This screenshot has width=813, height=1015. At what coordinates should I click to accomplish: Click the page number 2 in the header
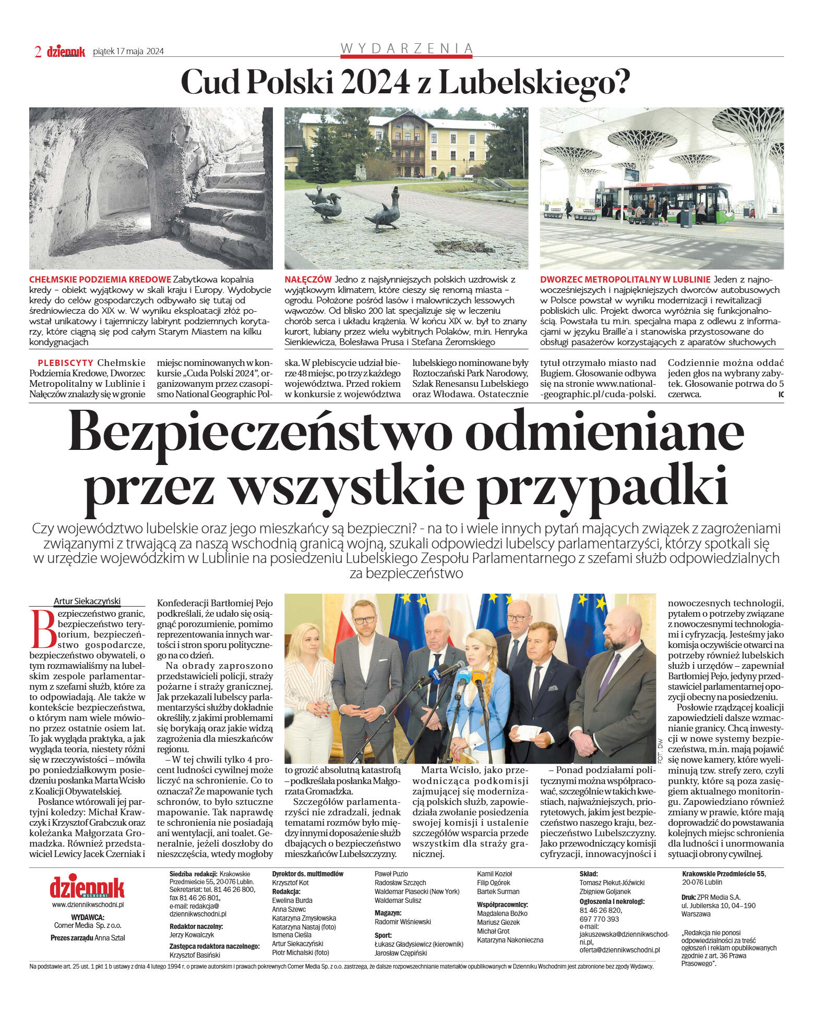(x=38, y=51)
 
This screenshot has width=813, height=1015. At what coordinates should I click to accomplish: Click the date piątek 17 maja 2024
(x=128, y=51)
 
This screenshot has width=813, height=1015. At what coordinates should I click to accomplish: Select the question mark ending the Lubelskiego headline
(x=620, y=81)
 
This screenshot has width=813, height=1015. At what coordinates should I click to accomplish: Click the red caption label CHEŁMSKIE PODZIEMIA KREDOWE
(x=100, y=279)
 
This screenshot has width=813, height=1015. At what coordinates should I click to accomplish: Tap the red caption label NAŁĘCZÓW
(x=308, y=279)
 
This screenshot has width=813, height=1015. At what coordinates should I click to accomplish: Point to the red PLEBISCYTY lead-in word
(x=65, y=363)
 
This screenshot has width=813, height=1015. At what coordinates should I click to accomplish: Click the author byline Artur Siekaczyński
(x=87, y=601)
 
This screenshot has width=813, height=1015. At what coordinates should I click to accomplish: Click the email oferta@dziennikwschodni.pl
(x=619, y=950)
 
